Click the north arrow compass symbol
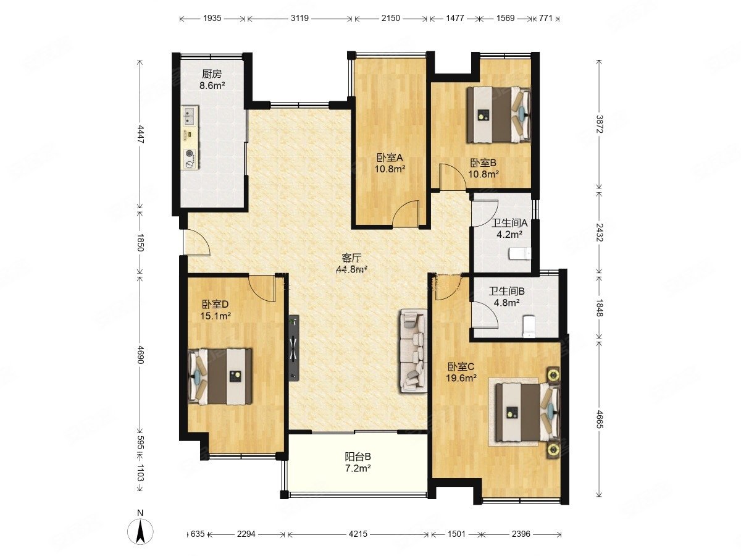click(140, 531)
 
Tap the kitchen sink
click(190, 116)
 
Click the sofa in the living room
click(413, 350)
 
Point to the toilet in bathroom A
click(519, 254)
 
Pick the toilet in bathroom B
click(529, 326)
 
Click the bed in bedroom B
click(499, 115)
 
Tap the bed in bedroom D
click(220, 376)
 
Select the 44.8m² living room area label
click(351, 269)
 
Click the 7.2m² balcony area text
click(358, 468)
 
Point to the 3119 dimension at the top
click(299, 18)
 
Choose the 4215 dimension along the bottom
click(358, 534)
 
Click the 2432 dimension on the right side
click(599, 232)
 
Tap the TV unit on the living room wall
click(294, 348)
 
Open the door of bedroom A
click(406, 214)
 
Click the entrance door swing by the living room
click(197, 242)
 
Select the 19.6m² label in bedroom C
click(461, 377)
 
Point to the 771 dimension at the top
click(545, 18)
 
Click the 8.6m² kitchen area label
click(212, 85)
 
